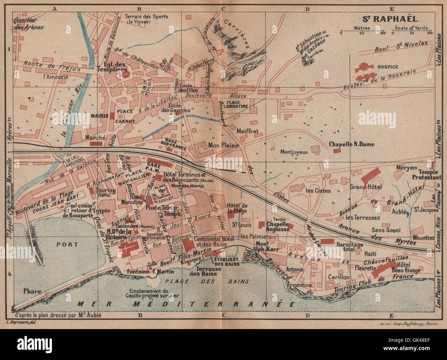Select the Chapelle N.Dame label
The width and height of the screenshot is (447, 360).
point(351,144)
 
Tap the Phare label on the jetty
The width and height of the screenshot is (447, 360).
point(32,291)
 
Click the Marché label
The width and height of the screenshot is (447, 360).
point(95,137)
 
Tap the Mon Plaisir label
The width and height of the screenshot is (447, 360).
point(223,145)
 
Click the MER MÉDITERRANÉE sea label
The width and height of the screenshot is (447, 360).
point(186,304)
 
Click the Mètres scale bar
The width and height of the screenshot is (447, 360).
point(361,33)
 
